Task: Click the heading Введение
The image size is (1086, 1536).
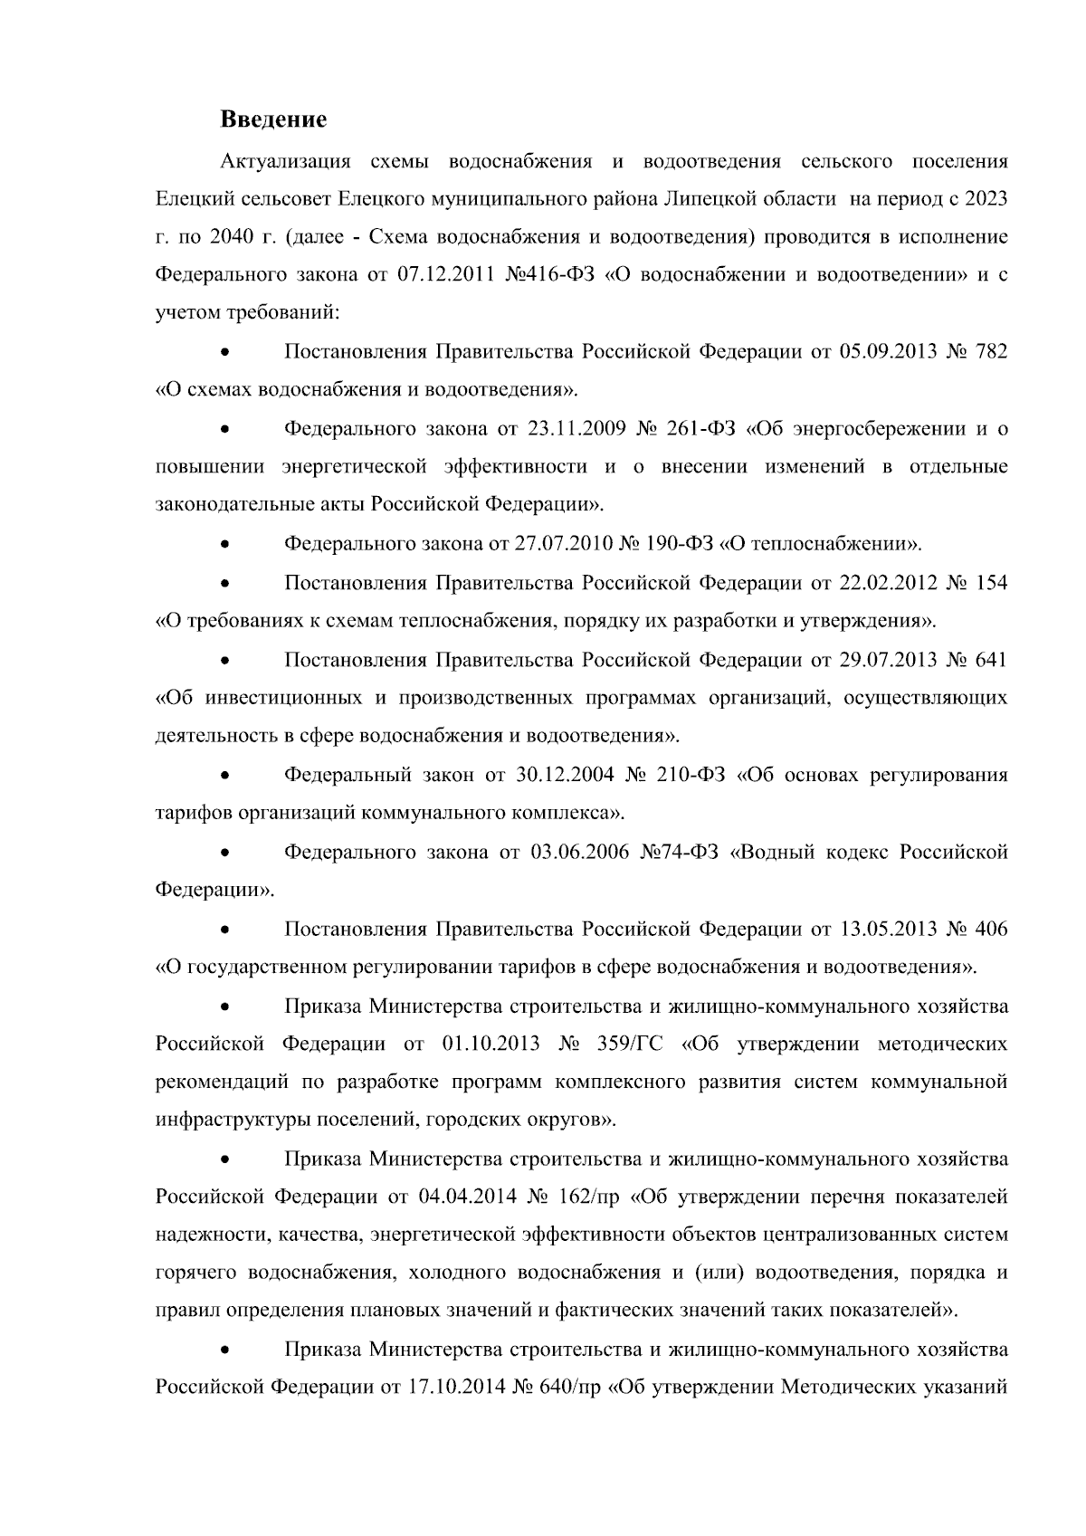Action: coord(273,119)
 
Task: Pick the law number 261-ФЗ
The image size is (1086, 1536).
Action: coord(700,429)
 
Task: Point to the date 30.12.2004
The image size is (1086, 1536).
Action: coord(565,776)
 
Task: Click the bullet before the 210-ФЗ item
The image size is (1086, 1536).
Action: coord(225,777)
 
